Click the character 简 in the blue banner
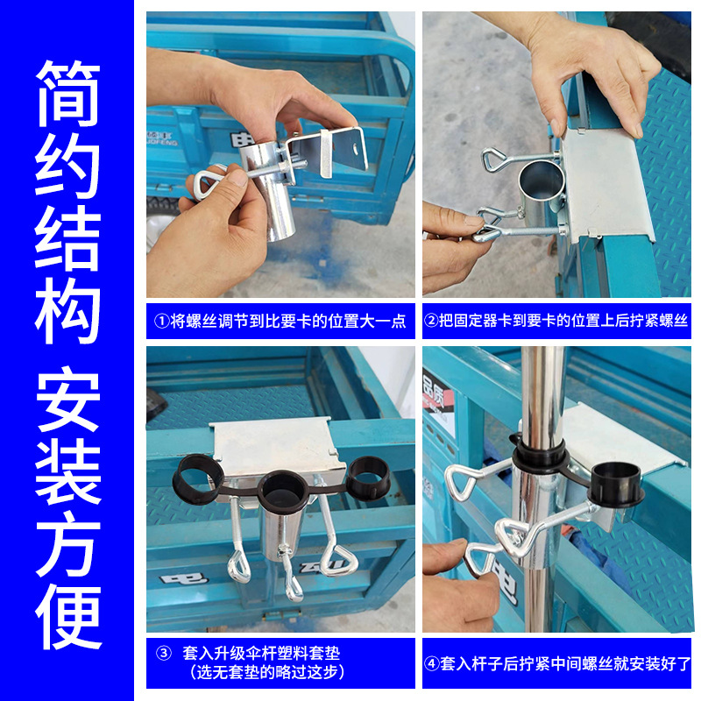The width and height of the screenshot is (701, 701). pos(67,94)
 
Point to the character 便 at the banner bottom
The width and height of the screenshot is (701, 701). pos(67,613)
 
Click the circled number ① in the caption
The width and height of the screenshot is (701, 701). pos(160,321)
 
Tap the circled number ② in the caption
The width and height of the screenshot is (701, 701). pos(431,321)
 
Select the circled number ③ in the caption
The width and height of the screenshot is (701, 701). pos(163,653)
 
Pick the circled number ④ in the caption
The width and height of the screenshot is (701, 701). pos(431,663)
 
